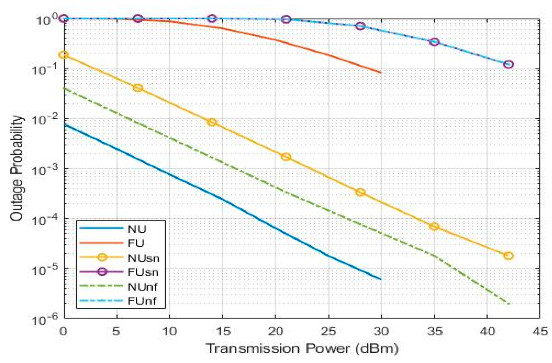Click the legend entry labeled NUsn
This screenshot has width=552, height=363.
coord(143,258)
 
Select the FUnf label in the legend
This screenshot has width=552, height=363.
coord(142,301)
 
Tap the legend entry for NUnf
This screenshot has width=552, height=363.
coord(142,286)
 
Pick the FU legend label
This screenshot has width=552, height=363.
coord(136,243)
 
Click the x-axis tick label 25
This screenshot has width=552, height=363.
coord(329,331)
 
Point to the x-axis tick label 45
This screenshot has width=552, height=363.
coord(539,331)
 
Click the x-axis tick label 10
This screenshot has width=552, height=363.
coord(170,331)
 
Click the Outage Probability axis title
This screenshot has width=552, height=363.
coord(17,168)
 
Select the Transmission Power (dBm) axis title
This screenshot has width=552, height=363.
coord(302,348)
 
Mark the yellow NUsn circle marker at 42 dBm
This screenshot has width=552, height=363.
coord(508,256)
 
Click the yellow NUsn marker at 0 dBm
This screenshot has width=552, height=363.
coord(64,55)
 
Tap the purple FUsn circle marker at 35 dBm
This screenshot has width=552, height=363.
coord(434,42)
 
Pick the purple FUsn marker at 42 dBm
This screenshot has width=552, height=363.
coord(508,64)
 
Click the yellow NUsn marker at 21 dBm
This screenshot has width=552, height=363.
coord(286,157)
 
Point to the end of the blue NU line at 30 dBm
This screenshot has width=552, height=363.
coord(381,279)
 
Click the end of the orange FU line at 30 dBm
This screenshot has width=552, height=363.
coord(381,73)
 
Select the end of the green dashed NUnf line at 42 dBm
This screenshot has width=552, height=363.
coord(508,303)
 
